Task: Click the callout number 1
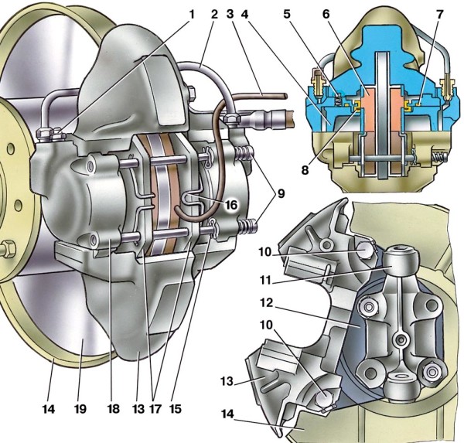point(192,14)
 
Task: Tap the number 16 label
point(230,204)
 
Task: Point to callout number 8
point(305,170)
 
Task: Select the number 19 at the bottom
point(80,409)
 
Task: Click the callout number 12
point(267,303)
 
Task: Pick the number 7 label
point(440,14)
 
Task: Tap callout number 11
point(265,279)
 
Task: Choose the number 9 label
point(280,193)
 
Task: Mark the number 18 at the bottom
point(114,409)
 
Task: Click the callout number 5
point(287,14)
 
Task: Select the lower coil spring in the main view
point(248,227)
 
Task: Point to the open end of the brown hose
point(285,96)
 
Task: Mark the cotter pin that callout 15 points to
point(214,227)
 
